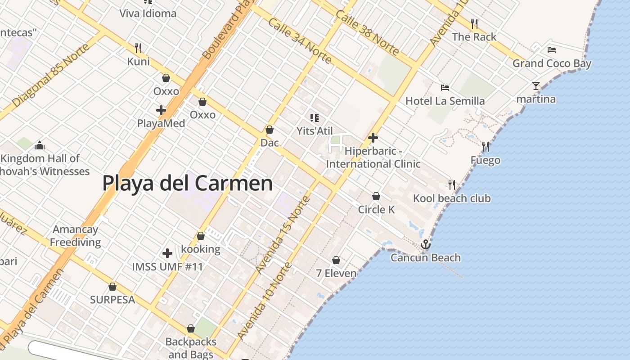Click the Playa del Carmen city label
187,184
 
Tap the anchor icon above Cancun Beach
425,244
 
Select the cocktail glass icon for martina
535,85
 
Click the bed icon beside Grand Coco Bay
552,49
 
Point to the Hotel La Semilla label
445,101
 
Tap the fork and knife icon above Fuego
485,147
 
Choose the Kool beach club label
452,198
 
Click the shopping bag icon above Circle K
376,196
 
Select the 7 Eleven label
336,273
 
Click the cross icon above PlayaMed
161,110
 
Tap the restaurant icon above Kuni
139,48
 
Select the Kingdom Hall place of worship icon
40,145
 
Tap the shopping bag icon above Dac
270,130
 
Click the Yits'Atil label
315,131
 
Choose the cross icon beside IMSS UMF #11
167,253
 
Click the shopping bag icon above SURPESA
112,287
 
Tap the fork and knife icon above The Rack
474,23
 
